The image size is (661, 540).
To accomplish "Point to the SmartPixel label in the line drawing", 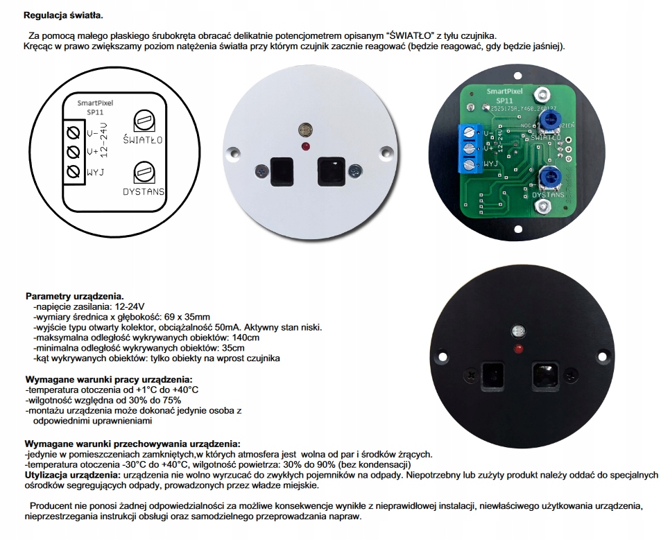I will click(x=95, y=103).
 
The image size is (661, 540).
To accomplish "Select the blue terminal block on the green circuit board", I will click(x=470, y=148).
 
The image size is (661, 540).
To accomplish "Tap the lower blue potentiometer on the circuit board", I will click(x=549, y=181).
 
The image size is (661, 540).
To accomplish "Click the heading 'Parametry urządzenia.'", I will click(x=74, y=296).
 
